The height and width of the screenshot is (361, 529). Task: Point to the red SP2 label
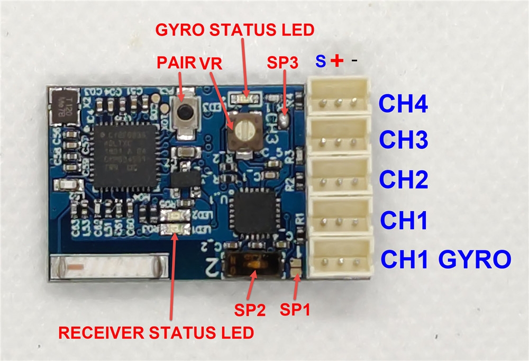[x=248, y=309]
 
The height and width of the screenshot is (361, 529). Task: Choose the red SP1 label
[x=295, y=309]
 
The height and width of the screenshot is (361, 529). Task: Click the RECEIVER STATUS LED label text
[x=156, y=333]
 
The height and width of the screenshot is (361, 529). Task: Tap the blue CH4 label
[x=403, y=104]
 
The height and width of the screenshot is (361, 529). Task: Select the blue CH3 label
[x=403, y=140]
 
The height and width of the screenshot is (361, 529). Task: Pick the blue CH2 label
[x=403, y=180]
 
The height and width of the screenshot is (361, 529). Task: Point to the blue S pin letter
[x=321, y=61]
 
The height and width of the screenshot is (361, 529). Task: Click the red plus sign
[x=336, y=61]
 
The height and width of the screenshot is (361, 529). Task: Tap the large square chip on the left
[x=124, y=157]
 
